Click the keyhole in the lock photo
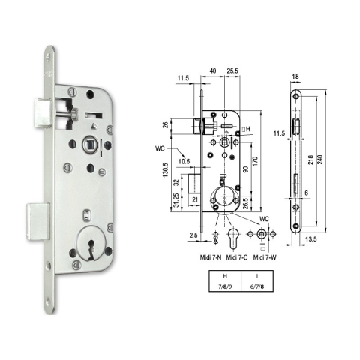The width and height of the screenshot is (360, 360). click(x=91, y=247)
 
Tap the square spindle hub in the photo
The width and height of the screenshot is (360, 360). click(x=88, y=145)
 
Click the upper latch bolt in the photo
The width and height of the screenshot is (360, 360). click(x=43, y=114)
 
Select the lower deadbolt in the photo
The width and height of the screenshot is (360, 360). click(x=38, y=221)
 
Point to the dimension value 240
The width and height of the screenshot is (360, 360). click(x=320, y=160)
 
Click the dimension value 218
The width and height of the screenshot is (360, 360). click(x=310, y=160)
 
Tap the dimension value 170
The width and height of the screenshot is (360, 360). click(x=255, y=161)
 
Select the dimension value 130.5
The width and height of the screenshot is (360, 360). click(x=166, y=170)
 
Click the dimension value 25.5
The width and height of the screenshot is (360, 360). click(x=232, y=70)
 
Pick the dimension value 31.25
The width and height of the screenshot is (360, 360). click(x=176, y=201)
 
